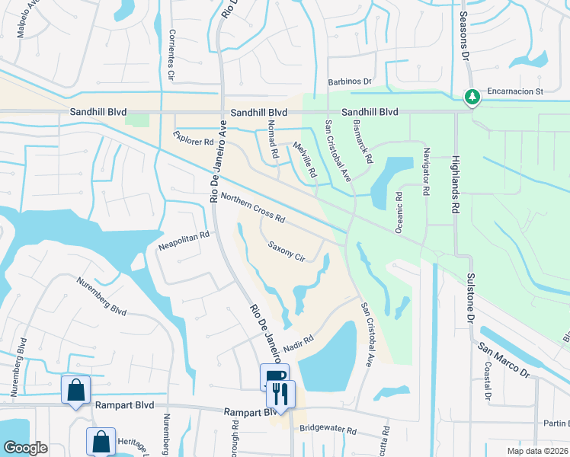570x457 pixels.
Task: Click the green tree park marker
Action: (x=472, y=97)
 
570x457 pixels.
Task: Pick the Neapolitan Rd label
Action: (x=183, y=241)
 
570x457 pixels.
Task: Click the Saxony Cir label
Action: (x=287, y=251)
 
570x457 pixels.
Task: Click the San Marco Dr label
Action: (x=504, y=360)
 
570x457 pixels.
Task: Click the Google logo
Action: (x=25, y=448)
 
